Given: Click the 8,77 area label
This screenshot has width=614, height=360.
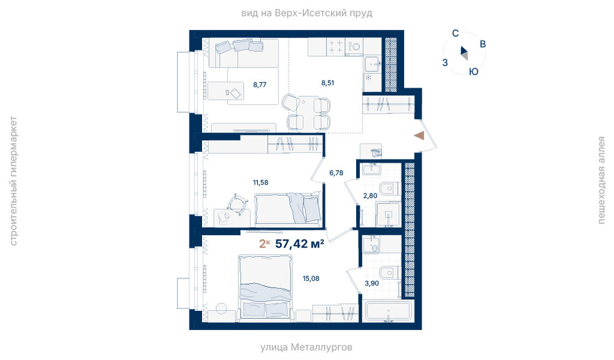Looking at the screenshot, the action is coord(260,85).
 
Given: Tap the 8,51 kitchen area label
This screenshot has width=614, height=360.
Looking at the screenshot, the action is coord(327,83).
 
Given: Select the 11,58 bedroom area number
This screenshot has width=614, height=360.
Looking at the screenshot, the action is coord(260,182).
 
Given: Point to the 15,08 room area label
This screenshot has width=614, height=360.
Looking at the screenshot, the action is coord(311,278).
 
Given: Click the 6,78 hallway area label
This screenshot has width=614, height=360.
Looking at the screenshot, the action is coord(336,173).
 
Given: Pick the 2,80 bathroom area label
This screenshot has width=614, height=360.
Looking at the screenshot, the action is coord(370,196).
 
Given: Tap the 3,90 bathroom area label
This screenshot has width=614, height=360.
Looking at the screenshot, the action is coord(371,283).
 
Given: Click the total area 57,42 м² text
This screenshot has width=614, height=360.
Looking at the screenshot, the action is coord(300,244).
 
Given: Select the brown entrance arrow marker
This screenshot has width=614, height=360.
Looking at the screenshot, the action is coord(419,136).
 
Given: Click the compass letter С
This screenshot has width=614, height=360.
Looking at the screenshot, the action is coord(455,33).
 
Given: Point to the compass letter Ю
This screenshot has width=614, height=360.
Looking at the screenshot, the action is coord(474,72).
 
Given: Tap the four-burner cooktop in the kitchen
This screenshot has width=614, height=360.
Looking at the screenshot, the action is coord(335,47).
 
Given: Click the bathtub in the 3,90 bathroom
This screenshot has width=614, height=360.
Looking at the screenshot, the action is coord(387,311).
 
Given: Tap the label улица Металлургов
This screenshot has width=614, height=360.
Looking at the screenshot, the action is coord(306,348).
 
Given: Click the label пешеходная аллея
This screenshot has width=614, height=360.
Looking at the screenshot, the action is coord(602,180).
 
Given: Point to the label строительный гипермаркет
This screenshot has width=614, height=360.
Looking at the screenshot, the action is coord(14,181).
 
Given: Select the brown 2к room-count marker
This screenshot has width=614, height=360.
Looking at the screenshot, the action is coord(265,244).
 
